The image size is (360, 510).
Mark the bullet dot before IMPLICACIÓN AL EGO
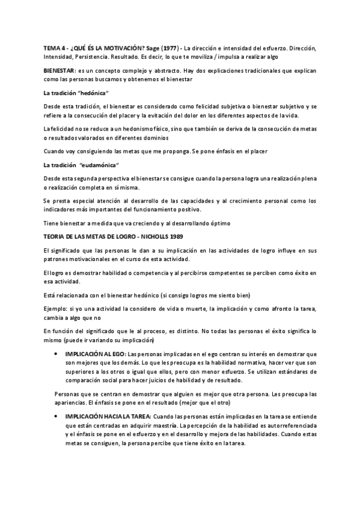[56, 355]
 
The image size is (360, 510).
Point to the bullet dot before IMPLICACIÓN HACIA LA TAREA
[56, 416]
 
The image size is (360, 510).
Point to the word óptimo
[185, 224]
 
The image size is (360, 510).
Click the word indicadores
[61, 209]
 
